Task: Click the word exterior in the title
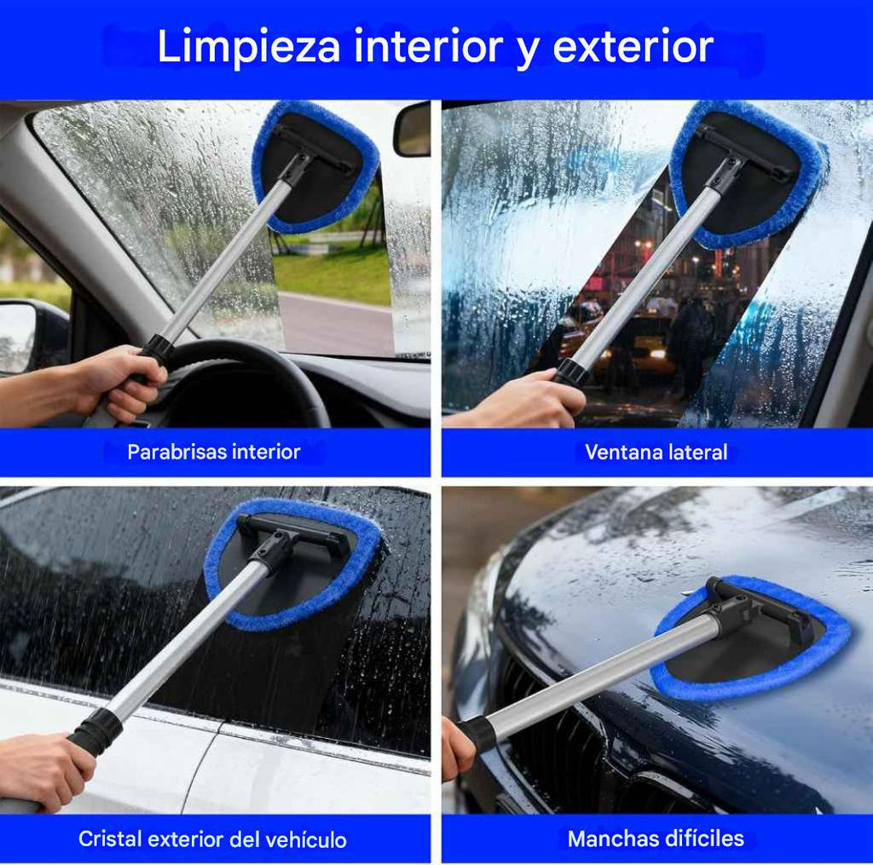point(633,48)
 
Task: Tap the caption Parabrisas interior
point(214,452)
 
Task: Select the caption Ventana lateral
point(656,452)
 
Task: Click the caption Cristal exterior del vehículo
point(212,839)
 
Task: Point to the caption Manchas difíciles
point(656,839)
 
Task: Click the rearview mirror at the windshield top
point(413,130)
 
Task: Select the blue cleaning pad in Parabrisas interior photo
point(316,166)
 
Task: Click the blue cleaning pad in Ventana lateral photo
point(749,175)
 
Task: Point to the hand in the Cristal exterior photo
point(43,771)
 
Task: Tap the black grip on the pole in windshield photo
point(157,349)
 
